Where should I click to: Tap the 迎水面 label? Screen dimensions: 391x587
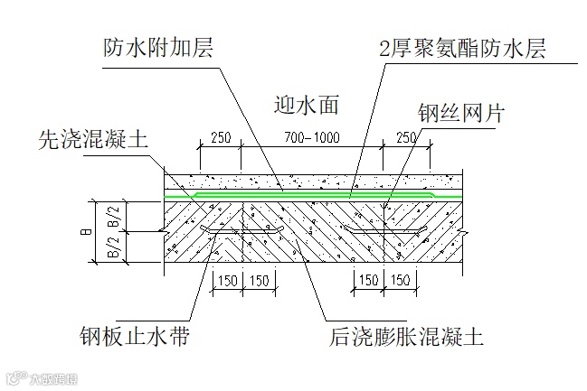click(x=305, y=105)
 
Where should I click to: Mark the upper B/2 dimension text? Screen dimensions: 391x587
click(x=113, y=215)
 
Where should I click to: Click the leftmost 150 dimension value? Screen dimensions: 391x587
click(x=226, y=281)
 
